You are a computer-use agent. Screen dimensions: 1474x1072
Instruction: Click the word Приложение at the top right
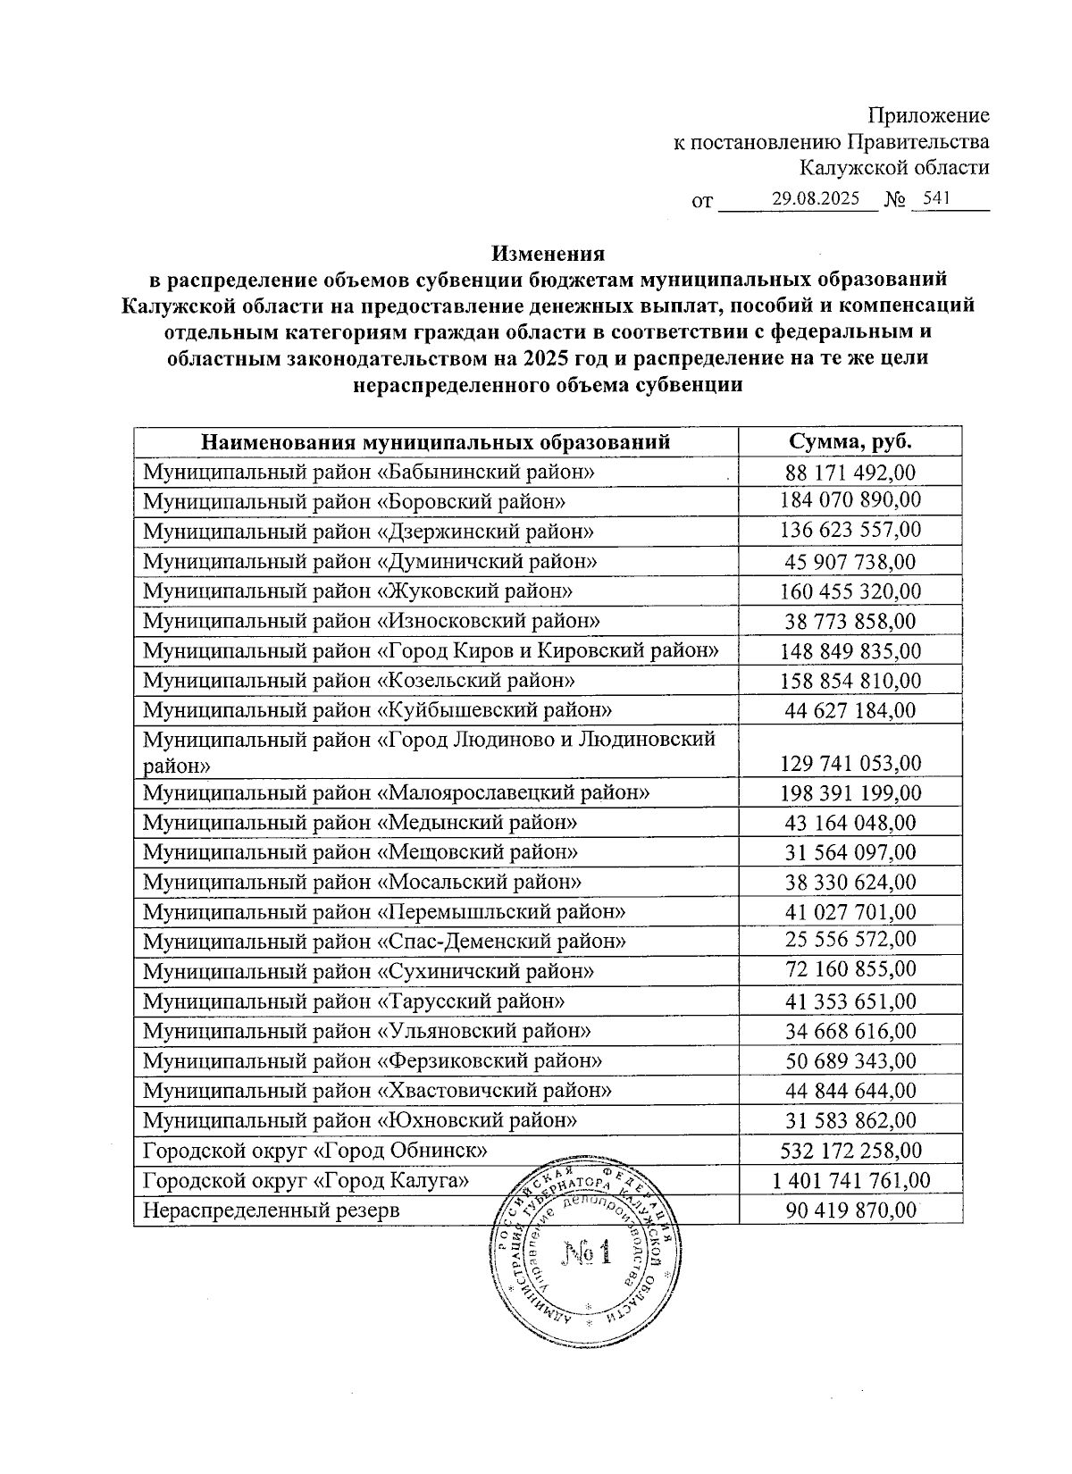coord(929,115)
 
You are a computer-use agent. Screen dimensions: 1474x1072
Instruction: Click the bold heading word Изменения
coord(547,254)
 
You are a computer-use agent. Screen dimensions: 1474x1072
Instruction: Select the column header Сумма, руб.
coord(850,441)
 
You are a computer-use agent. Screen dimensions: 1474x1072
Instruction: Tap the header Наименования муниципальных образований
coord(436,441)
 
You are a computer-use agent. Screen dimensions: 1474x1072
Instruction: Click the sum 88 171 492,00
coord(850,472)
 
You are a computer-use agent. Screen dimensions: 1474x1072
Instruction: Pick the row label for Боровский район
coord(355,501)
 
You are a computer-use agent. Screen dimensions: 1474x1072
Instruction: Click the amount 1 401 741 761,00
coord(850,1181)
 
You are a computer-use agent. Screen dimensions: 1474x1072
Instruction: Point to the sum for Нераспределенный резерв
coord(850,1210)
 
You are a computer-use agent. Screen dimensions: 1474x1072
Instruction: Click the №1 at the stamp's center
coord(585,1254)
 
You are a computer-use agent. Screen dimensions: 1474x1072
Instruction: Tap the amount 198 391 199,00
coord(850,793)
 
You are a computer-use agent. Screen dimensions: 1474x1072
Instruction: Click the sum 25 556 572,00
coord(850,941)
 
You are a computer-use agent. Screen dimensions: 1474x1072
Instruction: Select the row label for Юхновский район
coord(360,1119)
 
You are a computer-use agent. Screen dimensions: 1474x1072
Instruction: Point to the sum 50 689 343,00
coord(850,1061)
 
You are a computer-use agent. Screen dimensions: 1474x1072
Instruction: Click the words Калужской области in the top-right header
coord(894,167)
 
